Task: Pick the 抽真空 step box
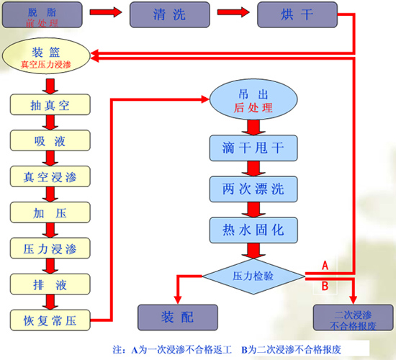[x=50, y=104]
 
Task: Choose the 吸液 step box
[x=50, y=140]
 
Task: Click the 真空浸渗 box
[x=50, y=175]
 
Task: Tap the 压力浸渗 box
[x=50, y=247]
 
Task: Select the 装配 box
[x=177, y=316]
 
